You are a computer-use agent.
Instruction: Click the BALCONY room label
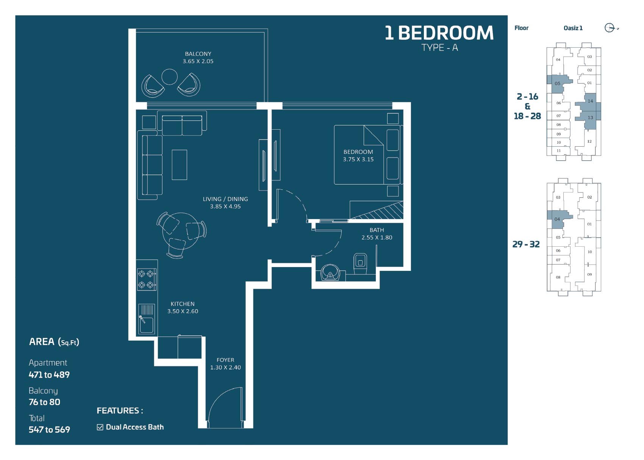click(198, 54)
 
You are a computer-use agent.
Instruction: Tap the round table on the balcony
click(170, 77)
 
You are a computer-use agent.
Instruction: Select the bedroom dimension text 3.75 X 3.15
click(358, 159)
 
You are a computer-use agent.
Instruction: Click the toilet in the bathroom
click(360, 264)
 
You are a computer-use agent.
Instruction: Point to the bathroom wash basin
click(330, 272)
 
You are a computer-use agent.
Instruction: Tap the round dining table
click(181, 231)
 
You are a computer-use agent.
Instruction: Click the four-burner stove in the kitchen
click(147, 279)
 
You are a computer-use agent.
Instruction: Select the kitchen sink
click(147, 319)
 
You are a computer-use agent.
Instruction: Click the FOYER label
click(225, 360)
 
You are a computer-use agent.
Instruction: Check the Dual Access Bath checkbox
click(100, 427)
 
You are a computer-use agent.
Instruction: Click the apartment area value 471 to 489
click(49, 375)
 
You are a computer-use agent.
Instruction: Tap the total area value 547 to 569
click(50, 430)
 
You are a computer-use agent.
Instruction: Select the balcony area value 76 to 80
click(45, 402)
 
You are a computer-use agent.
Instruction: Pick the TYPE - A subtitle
click(439, 48)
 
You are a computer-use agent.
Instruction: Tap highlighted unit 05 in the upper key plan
click(557, 84)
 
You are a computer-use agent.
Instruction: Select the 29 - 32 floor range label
click(526, 244)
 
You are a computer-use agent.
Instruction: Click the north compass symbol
click(610, 28)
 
